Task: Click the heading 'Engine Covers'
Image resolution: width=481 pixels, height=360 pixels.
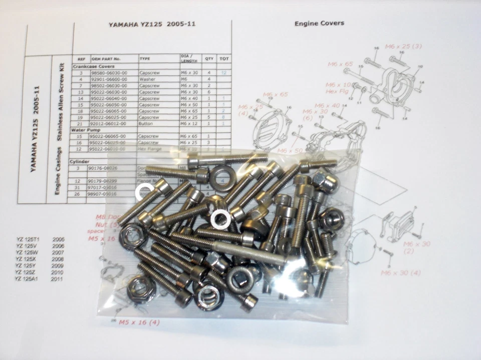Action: coord(319,23)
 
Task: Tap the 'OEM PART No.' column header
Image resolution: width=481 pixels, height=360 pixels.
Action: coord(107,59)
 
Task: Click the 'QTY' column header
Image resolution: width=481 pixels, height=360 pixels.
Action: coord(209,59)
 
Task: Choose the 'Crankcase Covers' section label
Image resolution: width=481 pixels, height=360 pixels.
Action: coord(94,66)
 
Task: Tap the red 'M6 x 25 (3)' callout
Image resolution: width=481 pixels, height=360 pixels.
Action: coord(403,46)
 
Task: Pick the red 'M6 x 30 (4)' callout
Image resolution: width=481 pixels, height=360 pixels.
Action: coord(400,273)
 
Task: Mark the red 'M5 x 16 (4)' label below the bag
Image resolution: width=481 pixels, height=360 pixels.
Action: coord(136,322)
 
